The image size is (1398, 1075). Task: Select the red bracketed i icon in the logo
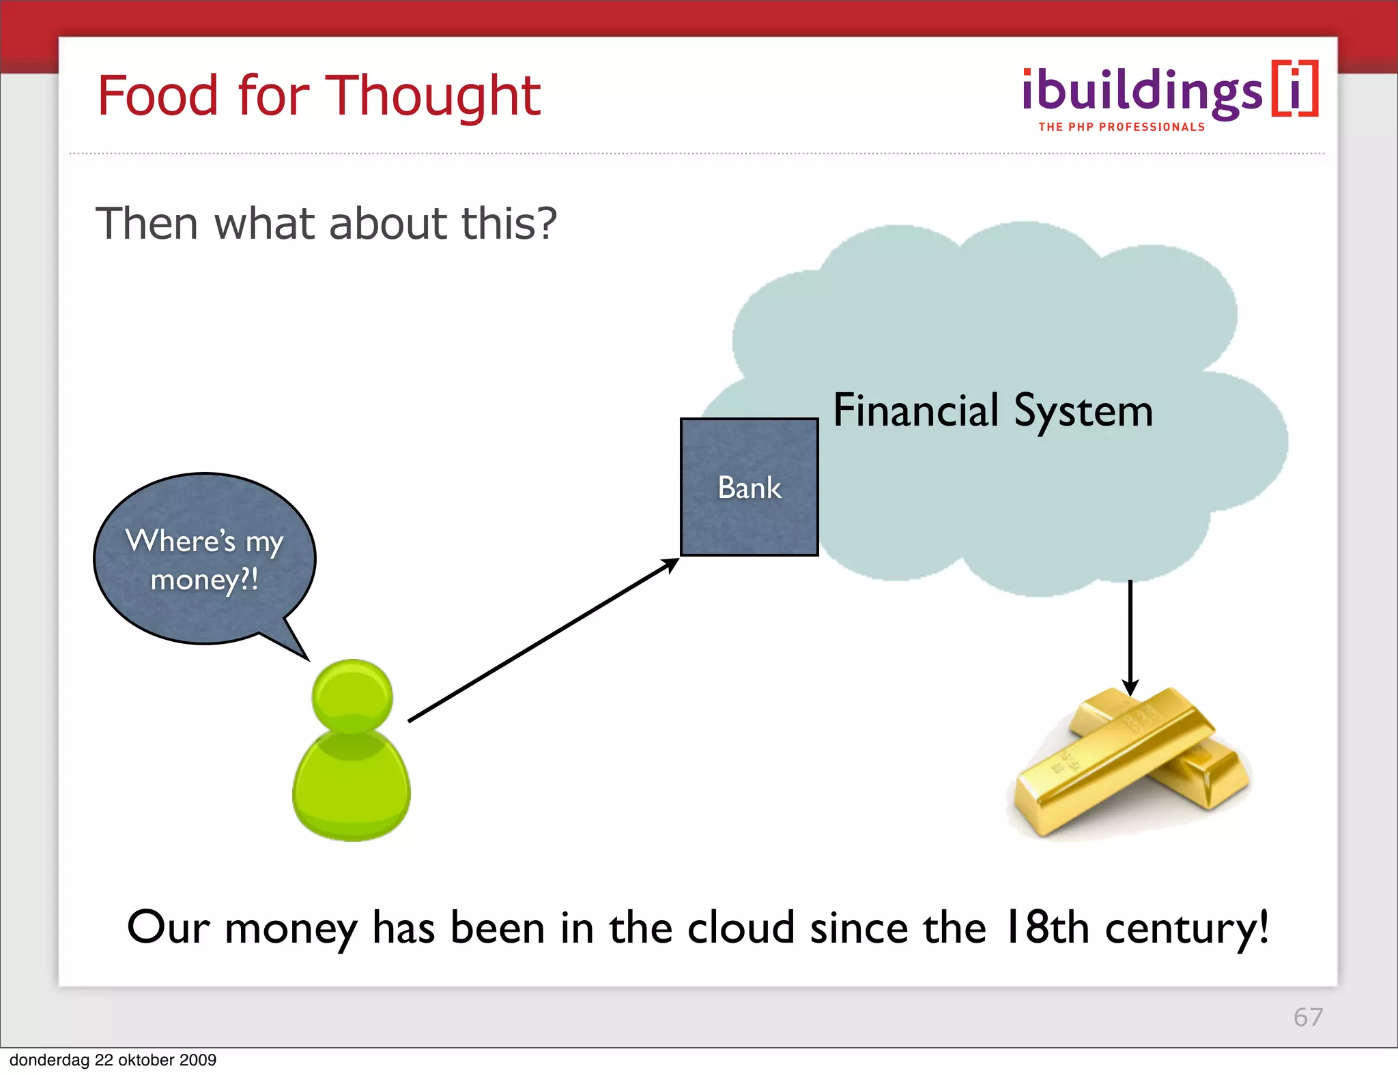point(1294,89)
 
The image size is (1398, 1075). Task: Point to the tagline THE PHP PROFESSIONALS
point(1122,128)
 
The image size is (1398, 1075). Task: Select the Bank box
point(749,487)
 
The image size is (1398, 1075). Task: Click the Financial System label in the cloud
point(993,411)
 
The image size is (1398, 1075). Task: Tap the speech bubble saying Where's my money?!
point(204,559)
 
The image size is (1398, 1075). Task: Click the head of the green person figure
point(352,696)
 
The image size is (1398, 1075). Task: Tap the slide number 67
point(1307,1017)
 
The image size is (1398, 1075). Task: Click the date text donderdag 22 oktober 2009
point(113,1060)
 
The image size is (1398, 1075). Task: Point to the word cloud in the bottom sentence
point(741,928)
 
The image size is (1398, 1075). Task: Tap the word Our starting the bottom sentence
point(168,928)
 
